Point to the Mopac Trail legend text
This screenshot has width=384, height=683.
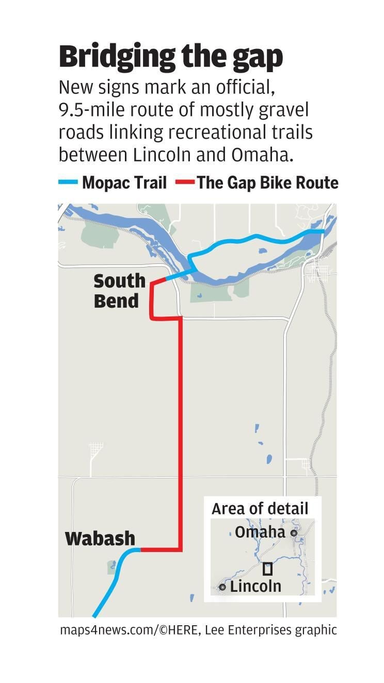click(x=124, y=182)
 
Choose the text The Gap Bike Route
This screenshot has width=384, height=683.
click(x=267, y=182)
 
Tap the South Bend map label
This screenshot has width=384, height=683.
click(x=119, y=291)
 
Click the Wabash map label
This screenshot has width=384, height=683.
click(x=100, y=539)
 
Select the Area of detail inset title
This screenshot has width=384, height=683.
click(x=260, y=508)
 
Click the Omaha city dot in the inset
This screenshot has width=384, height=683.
click(x=294, y=533)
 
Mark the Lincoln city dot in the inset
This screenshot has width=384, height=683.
click(x=222, y=587)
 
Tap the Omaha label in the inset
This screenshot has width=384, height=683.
click(x=260, y=532)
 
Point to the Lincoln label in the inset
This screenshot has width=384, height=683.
click(x=255, y=586)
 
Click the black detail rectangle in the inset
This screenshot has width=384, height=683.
click(x=267, y=570)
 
